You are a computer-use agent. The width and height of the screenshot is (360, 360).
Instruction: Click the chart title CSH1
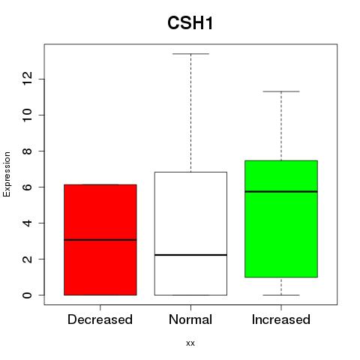[190, 23]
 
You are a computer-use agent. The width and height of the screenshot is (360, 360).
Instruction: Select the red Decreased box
[100, 240]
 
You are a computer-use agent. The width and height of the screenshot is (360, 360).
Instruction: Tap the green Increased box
[281, 219]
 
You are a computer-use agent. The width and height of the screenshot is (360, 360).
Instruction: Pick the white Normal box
[190, 233]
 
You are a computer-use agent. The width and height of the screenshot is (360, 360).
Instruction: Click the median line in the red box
[100, 240]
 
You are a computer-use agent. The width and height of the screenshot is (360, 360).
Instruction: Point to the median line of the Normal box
[190, 255]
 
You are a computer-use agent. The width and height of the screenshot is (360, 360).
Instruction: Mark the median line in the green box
[281, 191]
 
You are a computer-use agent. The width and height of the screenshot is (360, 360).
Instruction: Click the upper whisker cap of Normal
[190, 54]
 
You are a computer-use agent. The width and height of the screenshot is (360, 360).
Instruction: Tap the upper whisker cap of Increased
[281, 91]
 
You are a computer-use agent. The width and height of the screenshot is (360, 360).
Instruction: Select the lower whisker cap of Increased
[281, 295]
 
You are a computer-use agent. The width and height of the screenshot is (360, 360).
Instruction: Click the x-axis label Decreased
[100, 319]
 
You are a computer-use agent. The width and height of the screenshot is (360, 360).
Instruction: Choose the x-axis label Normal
[190, 319]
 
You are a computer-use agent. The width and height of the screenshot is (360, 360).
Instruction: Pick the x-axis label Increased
[281, 319]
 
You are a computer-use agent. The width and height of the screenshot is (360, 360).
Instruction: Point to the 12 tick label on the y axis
[28, 79]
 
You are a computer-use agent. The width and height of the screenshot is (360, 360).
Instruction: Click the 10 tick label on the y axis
[28, 115]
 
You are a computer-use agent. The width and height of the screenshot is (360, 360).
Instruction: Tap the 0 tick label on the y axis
[28, 295]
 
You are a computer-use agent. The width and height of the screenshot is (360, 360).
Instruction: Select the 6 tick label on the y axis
[28, 187]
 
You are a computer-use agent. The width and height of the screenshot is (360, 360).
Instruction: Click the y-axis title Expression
[7, 174]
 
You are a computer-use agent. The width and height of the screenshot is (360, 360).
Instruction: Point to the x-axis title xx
[190, 343]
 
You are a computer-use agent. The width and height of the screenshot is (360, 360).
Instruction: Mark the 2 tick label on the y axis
[28, 259]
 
